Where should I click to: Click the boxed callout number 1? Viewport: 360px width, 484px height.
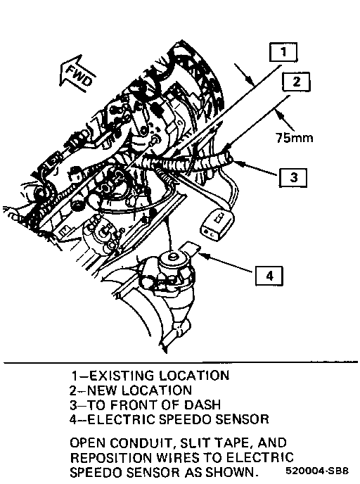pos(283,52)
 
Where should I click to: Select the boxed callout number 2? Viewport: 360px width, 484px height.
pos(296,82)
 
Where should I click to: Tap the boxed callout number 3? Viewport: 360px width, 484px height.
pos(293,177)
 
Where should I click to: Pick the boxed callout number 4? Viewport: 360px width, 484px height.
pos(269,276)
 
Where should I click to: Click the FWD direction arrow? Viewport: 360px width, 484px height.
pos(77,74)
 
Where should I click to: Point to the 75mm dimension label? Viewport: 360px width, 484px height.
pos(295,137)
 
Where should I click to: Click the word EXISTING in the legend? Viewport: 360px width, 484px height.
pos(122,376)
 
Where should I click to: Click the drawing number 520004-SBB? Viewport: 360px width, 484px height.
pos(317,471)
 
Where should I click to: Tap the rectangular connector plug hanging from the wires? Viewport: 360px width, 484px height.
pos(217,224)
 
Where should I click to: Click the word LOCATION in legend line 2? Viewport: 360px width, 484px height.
pos(157,390)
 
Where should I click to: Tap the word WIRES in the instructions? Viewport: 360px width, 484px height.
pos(179,457)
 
